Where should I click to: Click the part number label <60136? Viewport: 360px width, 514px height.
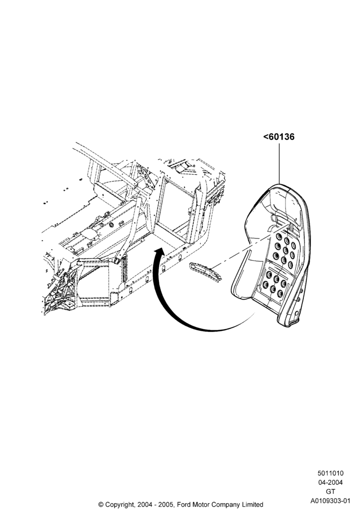(x=279, y=137)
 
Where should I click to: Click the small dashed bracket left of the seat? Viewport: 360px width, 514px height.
(x=205, y=271)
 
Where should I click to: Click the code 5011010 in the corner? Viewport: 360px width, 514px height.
(x=330, y=473)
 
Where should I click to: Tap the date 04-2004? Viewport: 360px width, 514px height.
(x=330, y=483)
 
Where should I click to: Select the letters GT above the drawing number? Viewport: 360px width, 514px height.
(x=331, y=492)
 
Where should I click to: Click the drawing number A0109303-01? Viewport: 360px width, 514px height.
(x=331, y=501)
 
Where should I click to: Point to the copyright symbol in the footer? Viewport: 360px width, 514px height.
(x=101, y=504)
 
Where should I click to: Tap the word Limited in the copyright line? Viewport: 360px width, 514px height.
(x=251, y=504)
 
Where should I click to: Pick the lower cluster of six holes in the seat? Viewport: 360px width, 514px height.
(x=275, y=283)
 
